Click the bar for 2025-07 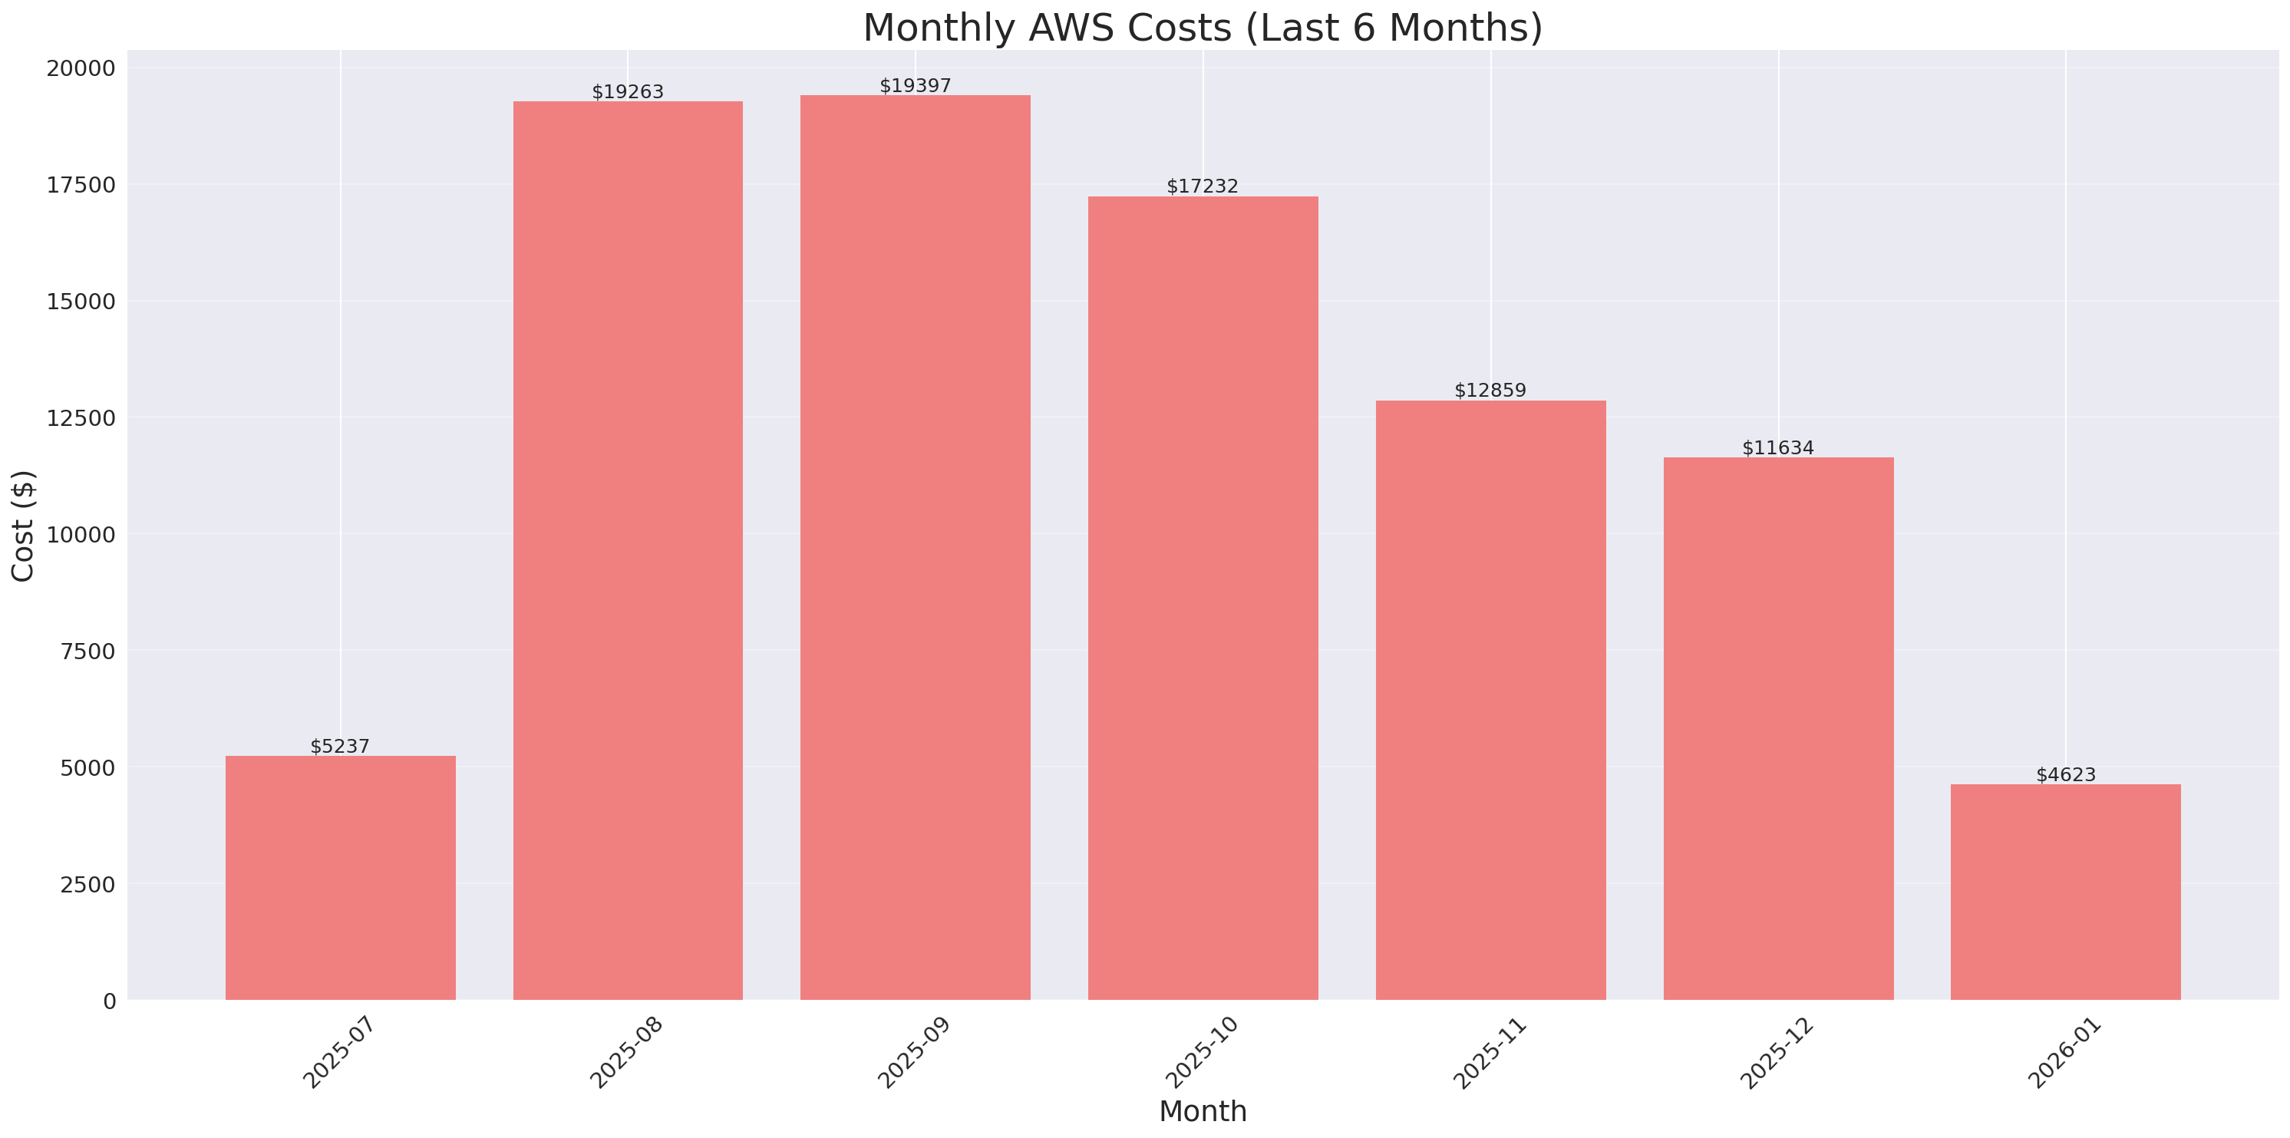(341, 878)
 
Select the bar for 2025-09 (915, 547)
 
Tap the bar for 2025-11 (1491, 700)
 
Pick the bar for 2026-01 (2065, 892)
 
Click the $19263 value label (628, 91)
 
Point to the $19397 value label (915, 85)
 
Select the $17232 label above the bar (1202, 186)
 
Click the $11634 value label (1778, 448)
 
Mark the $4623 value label (2065, 774)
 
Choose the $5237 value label (340, 746)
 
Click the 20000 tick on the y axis (81, 68)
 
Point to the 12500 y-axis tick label (81, 418)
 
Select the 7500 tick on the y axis (87, 651)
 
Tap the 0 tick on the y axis (109, 1002)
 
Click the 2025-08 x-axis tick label (626, 1053)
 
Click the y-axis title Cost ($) (23, 526)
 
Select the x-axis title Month (1202, 1111)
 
